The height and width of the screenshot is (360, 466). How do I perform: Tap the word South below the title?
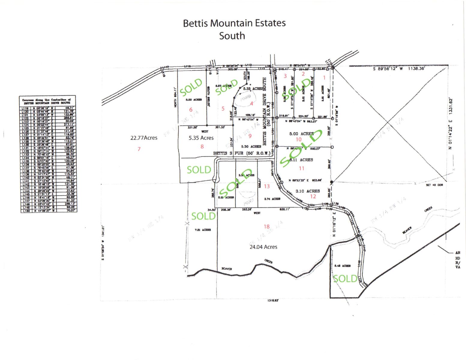tap(232, 36)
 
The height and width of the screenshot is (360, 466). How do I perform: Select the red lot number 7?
tap(139, 149)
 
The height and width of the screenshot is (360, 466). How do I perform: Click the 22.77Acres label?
tap(144, 138)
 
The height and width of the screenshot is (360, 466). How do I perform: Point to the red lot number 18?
tap(266, 227)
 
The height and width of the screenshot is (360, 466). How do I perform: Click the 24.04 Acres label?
tap(263, 247)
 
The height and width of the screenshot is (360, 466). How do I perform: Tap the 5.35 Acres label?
tap(201, 138)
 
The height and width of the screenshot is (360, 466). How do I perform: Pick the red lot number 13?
tap(267, 186)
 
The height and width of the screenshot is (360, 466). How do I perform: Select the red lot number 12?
tap(313, 196)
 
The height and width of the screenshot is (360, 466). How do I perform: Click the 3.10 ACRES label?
tap(308, 191)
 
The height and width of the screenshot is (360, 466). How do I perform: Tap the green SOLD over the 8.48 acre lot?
tap(345, 279)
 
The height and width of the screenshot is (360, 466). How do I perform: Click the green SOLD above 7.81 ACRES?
tap(203, 216)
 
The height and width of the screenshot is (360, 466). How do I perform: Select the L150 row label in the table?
tap(25, 211)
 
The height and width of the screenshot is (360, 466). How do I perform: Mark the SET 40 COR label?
tap(434, 185)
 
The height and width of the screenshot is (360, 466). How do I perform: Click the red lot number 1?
tap(324, 78)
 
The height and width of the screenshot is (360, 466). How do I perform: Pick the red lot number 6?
tap(191, 110)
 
